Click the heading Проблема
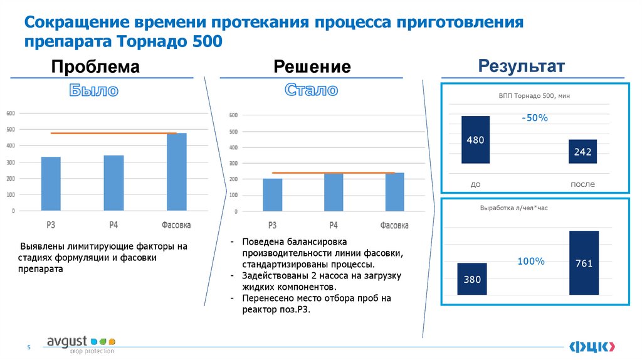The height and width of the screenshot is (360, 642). (95, 66)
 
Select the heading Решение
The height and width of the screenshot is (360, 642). (312, 66)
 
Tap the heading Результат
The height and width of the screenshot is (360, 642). (522, 66)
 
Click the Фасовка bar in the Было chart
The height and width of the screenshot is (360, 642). (176, 172)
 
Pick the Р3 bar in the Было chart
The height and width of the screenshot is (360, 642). (51, 184)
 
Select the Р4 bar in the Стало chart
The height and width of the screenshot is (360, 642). (333, 192)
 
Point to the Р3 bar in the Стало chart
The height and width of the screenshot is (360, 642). (273, 195)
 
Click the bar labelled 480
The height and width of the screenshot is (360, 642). (475, 140)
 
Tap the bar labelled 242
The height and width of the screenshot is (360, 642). (582, 151)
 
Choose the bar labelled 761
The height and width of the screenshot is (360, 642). (583, 263)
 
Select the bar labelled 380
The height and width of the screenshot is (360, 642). (472, 278)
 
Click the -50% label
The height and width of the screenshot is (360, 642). (534, 118)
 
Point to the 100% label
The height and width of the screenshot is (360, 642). (531, 261)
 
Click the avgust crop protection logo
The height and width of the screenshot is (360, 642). (81, 344)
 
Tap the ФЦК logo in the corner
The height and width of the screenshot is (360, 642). (592, 346)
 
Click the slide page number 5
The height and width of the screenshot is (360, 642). (28, 347)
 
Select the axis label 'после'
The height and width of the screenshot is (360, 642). (582, 184)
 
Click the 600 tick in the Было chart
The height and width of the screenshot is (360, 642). (11, 114)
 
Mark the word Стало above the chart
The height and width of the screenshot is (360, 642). (312, 90)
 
